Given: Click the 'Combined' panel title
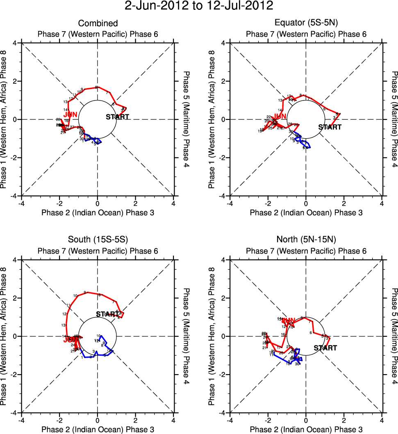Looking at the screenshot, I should tap(98, 23).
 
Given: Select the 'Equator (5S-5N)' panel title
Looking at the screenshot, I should tap(306, 23).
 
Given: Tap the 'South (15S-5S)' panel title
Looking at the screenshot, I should tap(98, 240).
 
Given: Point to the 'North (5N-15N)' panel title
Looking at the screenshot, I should tap(306, 240).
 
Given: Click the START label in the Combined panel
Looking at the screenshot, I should tap(118, 117).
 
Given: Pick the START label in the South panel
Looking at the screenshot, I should tap(107, 314).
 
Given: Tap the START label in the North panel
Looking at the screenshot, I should tap(325, 348).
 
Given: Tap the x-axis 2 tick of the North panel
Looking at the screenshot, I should tap(344, 420).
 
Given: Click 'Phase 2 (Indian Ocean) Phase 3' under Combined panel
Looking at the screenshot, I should tap(98, 212).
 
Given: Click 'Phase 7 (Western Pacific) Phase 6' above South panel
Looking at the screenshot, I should tap(98, 251).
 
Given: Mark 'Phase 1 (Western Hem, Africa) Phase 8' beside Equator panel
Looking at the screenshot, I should tap(212, 119).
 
